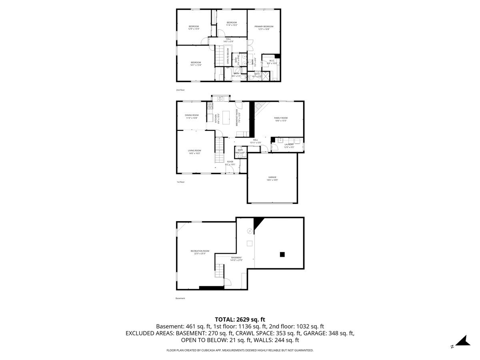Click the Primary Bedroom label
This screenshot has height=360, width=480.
[264, 28]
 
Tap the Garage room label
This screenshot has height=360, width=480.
[272, 178]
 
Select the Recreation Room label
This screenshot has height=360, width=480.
[200, 252]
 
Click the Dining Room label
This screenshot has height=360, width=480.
[192, 116]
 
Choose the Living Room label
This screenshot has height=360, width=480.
[194, 152]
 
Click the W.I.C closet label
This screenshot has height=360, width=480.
[271, 62]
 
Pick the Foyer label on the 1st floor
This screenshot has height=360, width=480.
[230, 162]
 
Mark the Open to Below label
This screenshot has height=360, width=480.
[228, 56]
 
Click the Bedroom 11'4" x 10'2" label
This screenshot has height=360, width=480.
[232, 24]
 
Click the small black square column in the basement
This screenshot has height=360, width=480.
[282, 254]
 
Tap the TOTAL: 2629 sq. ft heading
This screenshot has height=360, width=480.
[240, 319]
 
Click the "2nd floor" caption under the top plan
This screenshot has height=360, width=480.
[180, 90]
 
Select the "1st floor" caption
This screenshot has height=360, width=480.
[180, 182]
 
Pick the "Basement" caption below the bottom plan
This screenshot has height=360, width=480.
[180, 298]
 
